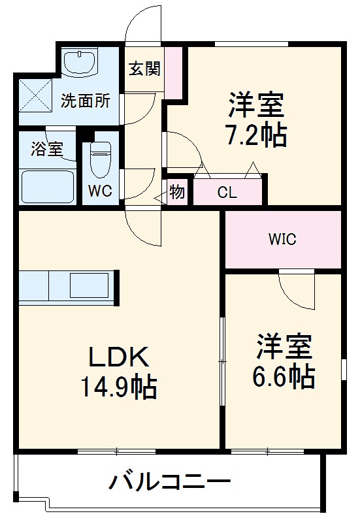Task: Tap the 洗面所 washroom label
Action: click(x=86, y=101)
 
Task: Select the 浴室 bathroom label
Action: click(x=47, y=148)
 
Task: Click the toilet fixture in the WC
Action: click(x=101, y=159)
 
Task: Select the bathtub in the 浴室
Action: click(x=47, y=186)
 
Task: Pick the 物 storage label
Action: click(x=177, y=192)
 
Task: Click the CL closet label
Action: click(x=227, y=193)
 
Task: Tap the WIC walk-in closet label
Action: click(x=282, y=240)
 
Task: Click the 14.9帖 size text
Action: click(x=118, y=387)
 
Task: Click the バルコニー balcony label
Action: click(x=170, y=484)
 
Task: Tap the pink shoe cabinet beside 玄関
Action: click(x=174, y=69)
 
